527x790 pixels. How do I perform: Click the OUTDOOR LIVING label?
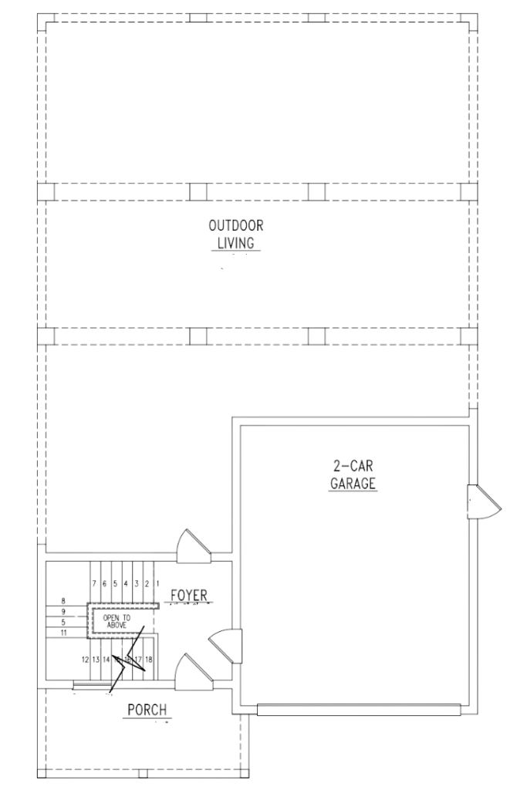[x=235, y=235]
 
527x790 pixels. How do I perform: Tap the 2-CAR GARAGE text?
[x=353, y=474]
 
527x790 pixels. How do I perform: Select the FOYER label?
[x=188, y=595]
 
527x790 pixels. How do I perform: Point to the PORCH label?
[x=147, y=710]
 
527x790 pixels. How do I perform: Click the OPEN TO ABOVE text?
[x=117, y=621]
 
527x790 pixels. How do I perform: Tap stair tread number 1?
[x=157, y=584]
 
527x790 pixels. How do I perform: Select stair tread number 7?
[x=93, y=584]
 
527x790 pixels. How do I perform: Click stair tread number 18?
[x=148, y=659]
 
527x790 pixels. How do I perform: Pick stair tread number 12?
[x=85, y=660]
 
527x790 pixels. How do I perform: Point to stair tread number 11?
[x=63, y=632]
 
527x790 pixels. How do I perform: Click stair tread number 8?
[x=63, y=600]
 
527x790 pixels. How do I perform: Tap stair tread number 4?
[x=125, y=584]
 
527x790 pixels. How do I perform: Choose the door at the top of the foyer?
[x=193, y=545]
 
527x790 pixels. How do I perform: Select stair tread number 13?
[x=96, y=660]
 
